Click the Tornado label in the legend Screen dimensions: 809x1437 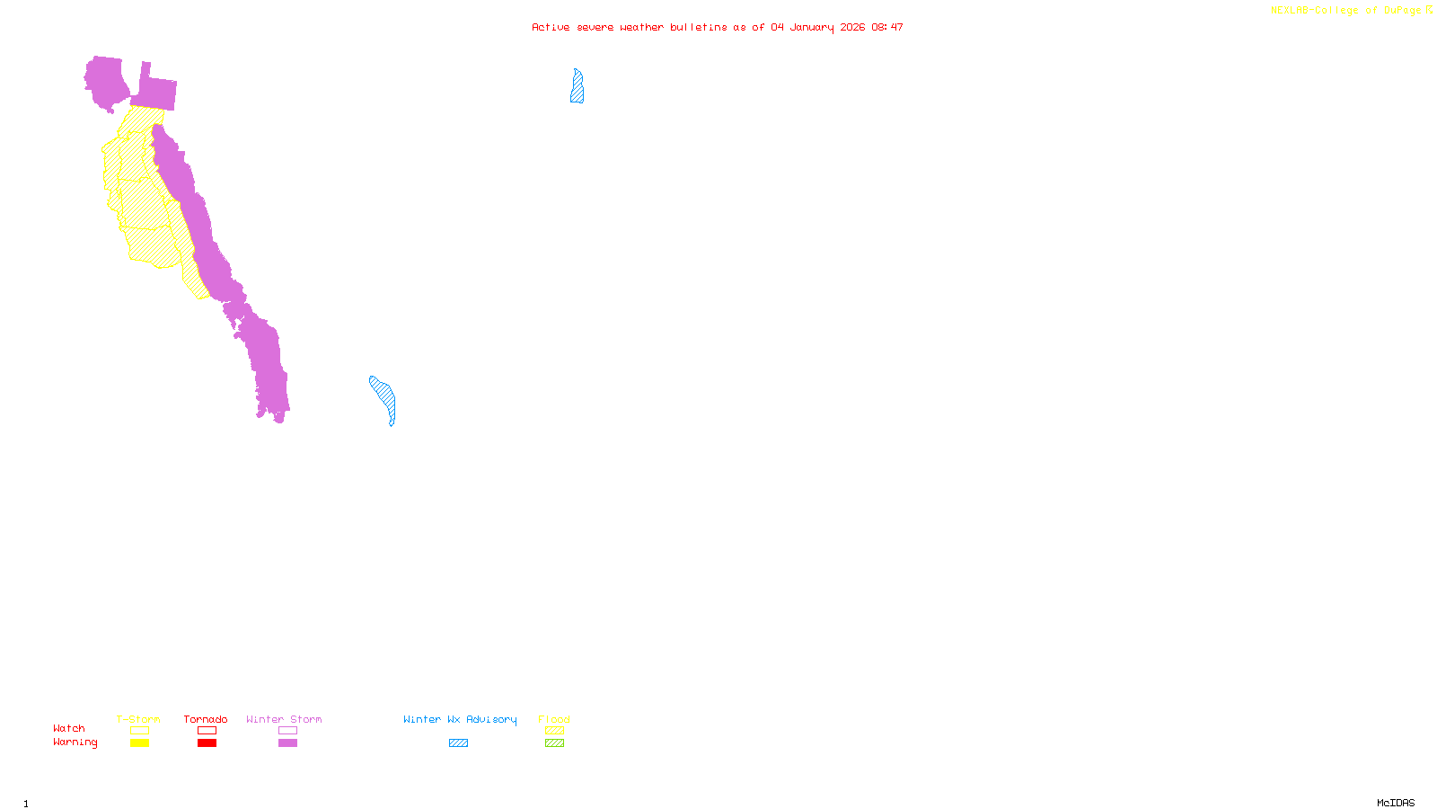click(206, 719)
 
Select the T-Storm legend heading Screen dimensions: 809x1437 click(138, 719)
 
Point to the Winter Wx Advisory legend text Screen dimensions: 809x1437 click(460, 719)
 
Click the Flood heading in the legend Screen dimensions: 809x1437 click(554, 719)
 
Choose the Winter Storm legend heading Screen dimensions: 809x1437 click(284, 719)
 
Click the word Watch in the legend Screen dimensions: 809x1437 click(69, 728)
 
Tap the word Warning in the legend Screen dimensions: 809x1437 click(75, 742)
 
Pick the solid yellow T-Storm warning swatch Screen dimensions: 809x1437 click(139, 743)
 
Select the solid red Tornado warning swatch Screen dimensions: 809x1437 click(207, 743)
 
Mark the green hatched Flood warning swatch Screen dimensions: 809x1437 click(554, 743)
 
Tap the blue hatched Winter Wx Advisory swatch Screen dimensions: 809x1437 click(458, 743)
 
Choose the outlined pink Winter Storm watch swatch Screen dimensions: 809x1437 click(287, 731)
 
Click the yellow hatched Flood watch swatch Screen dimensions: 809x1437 click(554, 731)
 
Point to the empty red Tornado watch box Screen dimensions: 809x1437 click(207, 731)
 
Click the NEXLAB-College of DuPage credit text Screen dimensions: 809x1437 click(1346, 11)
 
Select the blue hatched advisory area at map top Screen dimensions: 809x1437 click(577, 87)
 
